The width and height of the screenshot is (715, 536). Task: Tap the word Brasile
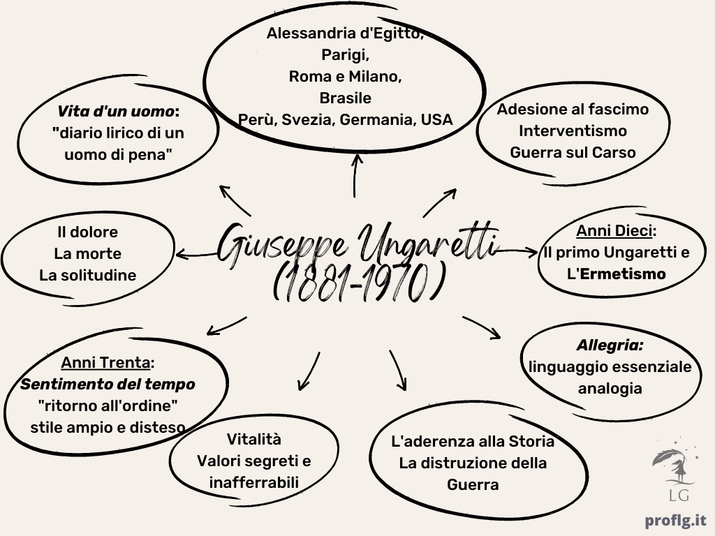tap(345, 98)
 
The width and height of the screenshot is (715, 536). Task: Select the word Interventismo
tap(573, 131)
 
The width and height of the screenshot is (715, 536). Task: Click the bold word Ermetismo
tap(623, 274)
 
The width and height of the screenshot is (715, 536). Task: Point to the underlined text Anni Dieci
tap(614, 231)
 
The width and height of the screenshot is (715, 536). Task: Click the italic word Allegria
tap(610, 345)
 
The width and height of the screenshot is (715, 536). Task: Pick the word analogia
tap(610, 388)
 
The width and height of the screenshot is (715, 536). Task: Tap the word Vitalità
tap(254, 439)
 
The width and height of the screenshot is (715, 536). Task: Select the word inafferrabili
tap(254, 482)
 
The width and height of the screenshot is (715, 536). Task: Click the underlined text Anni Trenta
tap(105, 363)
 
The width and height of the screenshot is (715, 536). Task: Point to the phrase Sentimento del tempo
tap(108, 385)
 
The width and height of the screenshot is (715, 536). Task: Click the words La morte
tap(87, 253)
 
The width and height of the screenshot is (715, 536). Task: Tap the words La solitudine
tap(87, 275)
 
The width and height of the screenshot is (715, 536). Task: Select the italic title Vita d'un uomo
tap(115, 111)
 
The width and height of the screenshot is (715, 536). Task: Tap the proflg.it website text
tap(676, 521)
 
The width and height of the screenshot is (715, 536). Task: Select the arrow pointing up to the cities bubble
tap(355, 175)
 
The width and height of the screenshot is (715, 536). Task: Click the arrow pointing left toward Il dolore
tap(196, 254)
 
